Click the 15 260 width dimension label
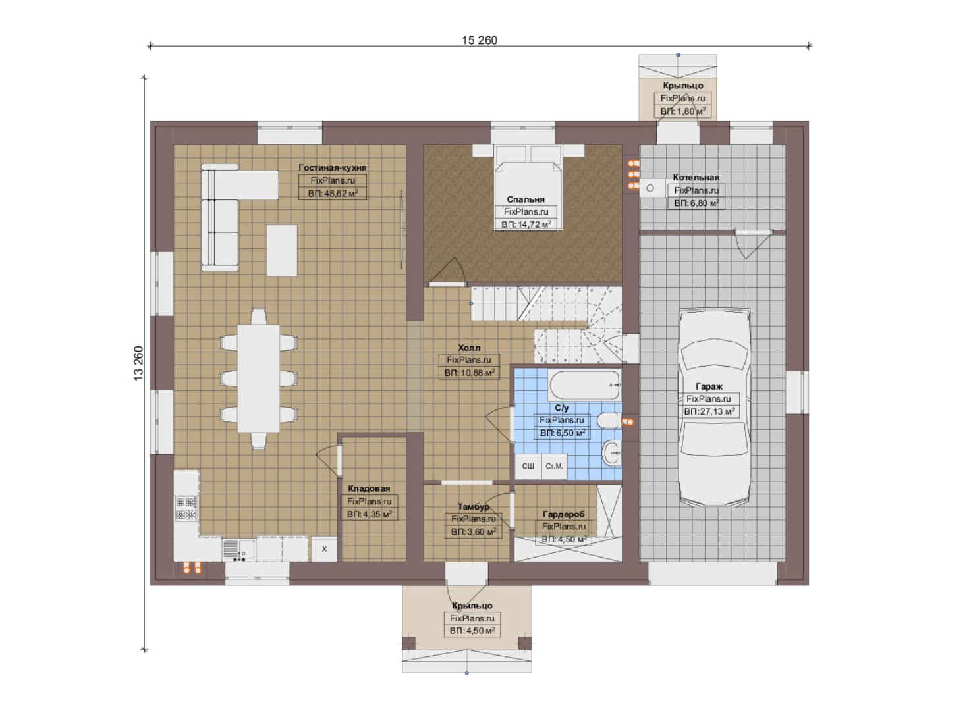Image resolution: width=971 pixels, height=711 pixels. click(x=480, y=40)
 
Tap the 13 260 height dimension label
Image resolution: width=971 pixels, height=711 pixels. click(x=138, y=363)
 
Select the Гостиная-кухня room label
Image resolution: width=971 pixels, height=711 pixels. click(x=333, y=168)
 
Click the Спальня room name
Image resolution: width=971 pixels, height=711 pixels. click(x=526, y=199)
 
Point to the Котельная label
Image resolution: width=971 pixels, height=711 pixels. click(x=696, y=177)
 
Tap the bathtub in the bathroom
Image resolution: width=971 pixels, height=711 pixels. click(x=585, y=385)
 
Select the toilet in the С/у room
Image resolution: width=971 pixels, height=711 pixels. click(x=609, y=420)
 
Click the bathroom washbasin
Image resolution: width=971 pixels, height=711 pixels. click(x=611, y=453)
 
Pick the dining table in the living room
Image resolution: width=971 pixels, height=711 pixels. click(x=258, y=379)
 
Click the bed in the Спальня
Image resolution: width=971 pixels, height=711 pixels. click(x=528, y=186)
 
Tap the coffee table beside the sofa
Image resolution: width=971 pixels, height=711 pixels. click(x=282, y=250)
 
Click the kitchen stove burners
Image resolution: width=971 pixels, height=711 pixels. click(x=186, y=508)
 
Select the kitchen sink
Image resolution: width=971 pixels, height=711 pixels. click(x=238, y=550)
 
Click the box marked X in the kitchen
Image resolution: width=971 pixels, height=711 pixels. click(x=324, y=549)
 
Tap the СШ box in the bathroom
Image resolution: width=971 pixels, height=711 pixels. click(x=528, y=466)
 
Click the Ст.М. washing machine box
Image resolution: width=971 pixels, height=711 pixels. click(x=554, y=466)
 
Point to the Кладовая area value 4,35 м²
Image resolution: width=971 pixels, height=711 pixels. click(x=370, y=514)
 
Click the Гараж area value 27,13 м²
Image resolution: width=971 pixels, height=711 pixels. click(x=709, y=411)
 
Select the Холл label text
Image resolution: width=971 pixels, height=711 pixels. click(x=469, y=348)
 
